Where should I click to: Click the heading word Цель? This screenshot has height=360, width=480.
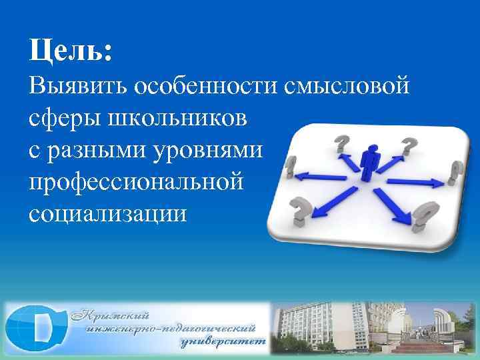tap(70, 51)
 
